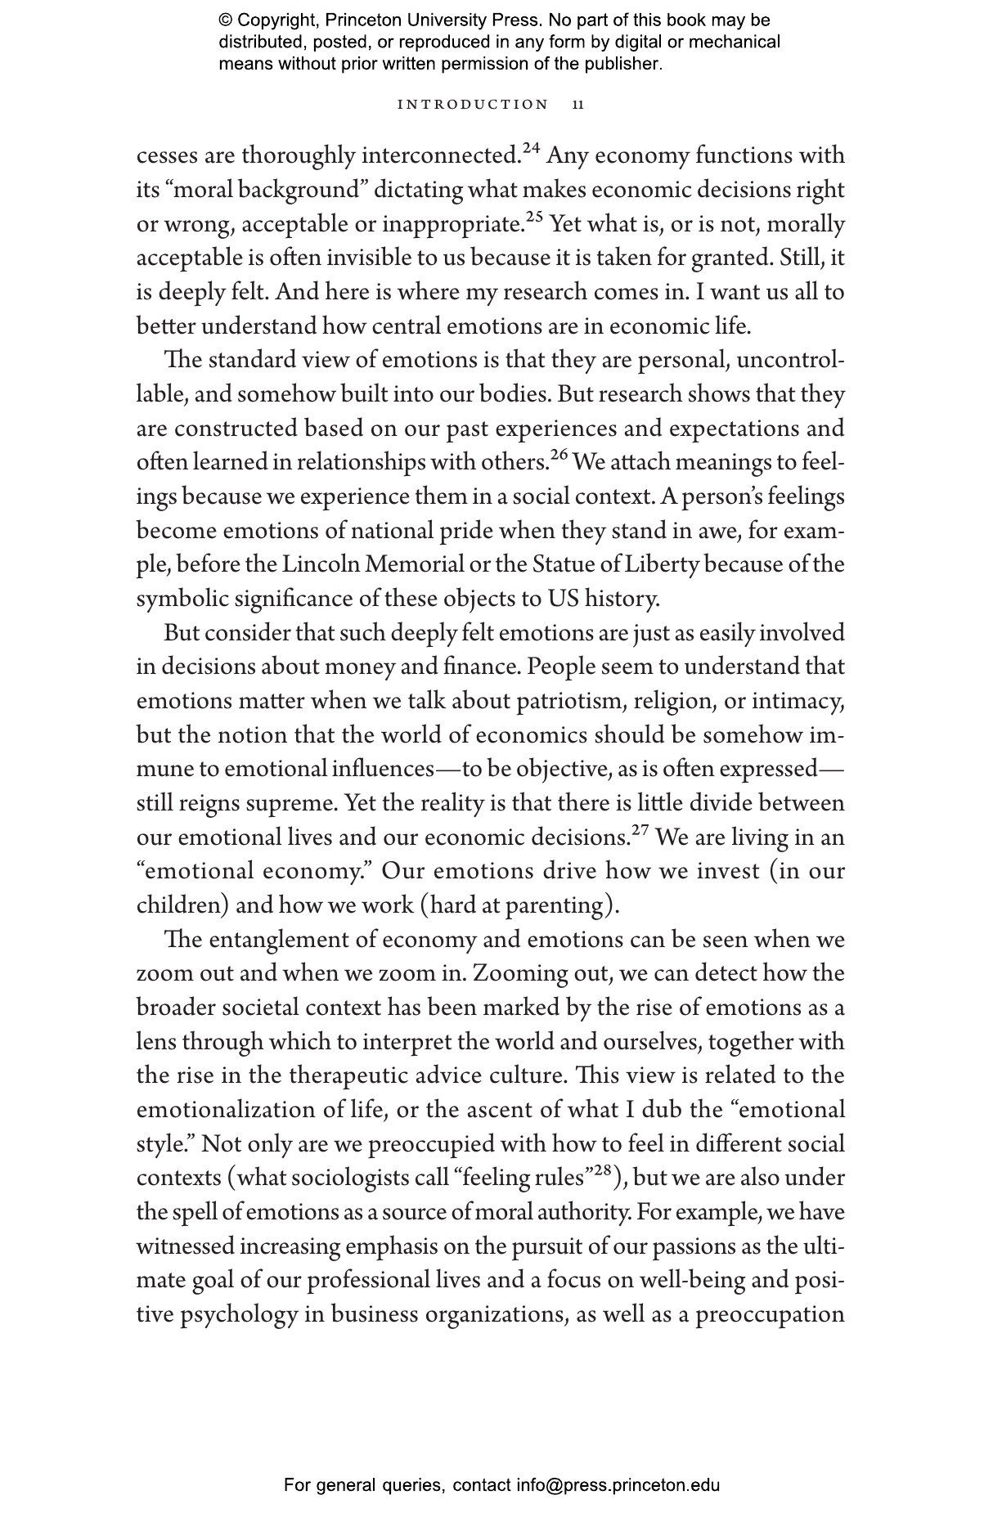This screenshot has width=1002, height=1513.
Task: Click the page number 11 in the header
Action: [578, 105]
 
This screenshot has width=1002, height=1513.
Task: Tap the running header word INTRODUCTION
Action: [473, 105]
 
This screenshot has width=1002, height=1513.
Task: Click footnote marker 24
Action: [532, 148]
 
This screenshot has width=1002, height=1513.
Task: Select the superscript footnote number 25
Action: [534, 217]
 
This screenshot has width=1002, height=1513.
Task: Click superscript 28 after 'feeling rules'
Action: [603, 1170]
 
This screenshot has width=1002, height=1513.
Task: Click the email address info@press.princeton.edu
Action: [618, 1485]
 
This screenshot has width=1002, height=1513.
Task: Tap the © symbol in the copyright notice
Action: [226, 20]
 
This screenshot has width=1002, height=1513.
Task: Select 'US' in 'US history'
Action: [561, 599]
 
